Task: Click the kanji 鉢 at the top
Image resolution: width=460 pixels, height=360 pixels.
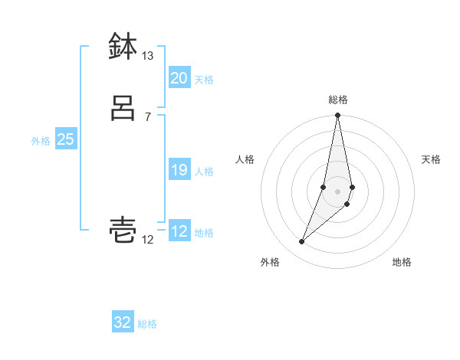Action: [123, 47]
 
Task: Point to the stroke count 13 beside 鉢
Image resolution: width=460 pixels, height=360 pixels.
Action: [147, 56]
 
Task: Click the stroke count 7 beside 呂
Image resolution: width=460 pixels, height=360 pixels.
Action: [147, 116]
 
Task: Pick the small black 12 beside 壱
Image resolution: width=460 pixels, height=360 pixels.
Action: [147, 240]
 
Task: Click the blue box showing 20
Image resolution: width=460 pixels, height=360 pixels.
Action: [179, 78]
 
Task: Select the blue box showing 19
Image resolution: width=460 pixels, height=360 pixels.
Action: [179, 170]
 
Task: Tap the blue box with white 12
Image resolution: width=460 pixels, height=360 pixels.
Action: [179, 231]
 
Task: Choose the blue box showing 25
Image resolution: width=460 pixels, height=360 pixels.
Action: [65, 139]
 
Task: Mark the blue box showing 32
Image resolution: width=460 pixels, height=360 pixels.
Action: [123, 322]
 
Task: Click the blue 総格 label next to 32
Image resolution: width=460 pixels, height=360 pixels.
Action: [147, 324]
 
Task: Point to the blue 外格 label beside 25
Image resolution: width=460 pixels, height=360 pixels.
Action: [41, 141]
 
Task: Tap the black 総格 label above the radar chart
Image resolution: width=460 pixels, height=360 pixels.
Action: [338, 100]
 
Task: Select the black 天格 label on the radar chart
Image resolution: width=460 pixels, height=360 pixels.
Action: [432, 159]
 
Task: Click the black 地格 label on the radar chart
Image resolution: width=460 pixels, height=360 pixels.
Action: [402, 262]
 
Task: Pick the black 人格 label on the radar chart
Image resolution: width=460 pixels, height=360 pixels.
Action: [245, 159]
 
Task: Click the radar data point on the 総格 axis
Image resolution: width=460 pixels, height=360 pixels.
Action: [338, 116]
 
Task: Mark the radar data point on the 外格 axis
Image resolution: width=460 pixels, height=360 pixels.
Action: [301, 242]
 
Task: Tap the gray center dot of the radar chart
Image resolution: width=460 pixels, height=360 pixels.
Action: [338, 191]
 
